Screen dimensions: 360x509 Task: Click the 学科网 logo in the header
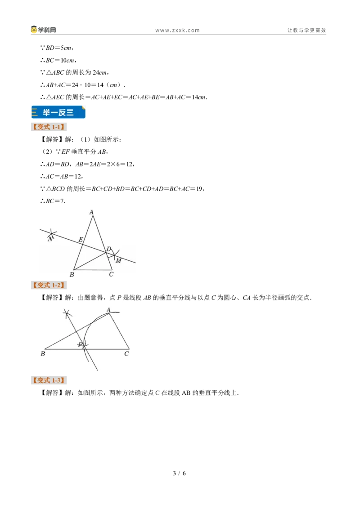click(x=44, y=30)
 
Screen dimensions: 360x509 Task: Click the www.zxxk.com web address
click(x=177, y=31)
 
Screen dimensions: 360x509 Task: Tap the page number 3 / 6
click(x=180, y=473)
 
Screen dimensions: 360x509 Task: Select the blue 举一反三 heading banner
click(x=58, y=112)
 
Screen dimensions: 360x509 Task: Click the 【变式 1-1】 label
click(x=49, y=127)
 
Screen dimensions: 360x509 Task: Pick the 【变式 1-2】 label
click(x=49, y=286)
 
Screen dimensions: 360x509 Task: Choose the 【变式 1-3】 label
click(x=49, y=380)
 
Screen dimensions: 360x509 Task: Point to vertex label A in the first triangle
click(x=91, y=212)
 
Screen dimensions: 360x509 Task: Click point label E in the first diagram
click(x=81, y=240)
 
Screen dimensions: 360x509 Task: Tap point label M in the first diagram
click(x=119, y=261)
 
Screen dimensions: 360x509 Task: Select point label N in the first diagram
click(x=50, y=239)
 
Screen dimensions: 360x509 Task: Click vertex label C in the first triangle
click(x=111, y=274)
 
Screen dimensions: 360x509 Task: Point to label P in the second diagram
click(x=80, y=345)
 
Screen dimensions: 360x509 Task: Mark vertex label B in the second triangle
click(x=43, y=354)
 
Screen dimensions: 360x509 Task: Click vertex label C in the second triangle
click(x=126, y=354)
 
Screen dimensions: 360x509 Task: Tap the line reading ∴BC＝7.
click(x=53, y=201)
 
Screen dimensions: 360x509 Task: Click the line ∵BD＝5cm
click(x=57, y=48)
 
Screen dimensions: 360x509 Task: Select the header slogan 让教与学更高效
click(x=306, y=30)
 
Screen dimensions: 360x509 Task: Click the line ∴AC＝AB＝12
click(x=62, y=177)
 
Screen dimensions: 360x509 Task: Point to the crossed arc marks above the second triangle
click(x=67, y=313)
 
